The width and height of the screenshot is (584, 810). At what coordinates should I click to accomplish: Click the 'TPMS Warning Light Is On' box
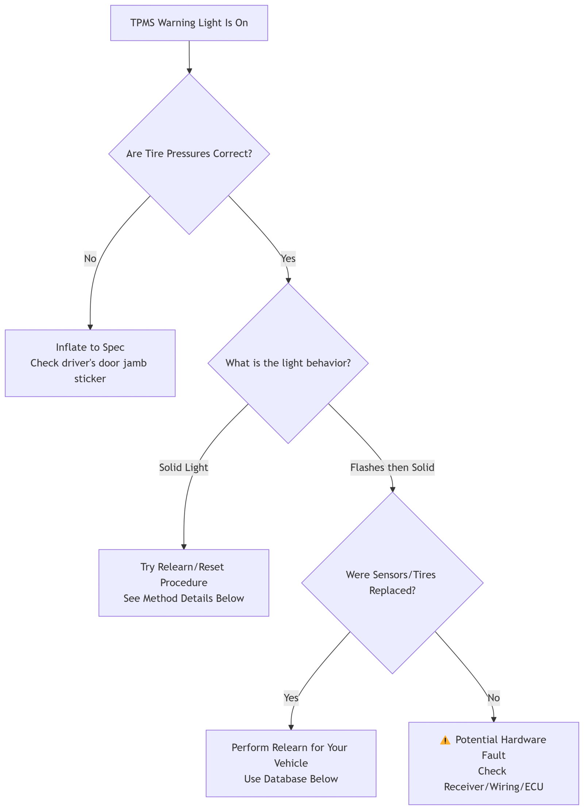189,23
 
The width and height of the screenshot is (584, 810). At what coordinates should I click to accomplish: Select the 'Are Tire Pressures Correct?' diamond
189,154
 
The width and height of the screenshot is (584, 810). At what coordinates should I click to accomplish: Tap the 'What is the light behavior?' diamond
288,363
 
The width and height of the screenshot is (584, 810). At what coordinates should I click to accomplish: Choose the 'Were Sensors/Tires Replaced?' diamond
392,583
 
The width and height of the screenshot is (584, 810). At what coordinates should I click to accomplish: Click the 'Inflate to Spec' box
90,363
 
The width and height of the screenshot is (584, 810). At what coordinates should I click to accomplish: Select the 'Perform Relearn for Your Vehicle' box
291,763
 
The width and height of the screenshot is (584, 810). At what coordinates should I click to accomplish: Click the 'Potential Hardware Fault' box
493,763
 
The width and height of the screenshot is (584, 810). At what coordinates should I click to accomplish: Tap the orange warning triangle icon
445,740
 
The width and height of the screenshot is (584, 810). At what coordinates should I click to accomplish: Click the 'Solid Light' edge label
184,467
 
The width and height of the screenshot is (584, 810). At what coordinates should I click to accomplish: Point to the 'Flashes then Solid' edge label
392,467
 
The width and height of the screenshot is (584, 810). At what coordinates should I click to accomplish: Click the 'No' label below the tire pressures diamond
90,259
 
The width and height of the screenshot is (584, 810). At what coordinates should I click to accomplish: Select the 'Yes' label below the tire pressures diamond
288,259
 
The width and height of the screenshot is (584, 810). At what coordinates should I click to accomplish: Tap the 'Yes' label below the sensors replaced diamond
291,698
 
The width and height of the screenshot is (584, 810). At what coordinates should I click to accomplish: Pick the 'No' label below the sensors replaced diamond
493,698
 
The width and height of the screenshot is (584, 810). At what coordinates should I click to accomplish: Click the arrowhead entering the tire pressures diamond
189,71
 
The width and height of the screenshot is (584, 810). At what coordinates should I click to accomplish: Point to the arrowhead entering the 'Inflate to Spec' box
90,327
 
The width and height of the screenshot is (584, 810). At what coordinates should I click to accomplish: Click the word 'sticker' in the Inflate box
90,379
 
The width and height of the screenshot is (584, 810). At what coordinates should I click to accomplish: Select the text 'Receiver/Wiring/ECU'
493,787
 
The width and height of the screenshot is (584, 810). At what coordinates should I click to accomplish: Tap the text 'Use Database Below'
291,779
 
